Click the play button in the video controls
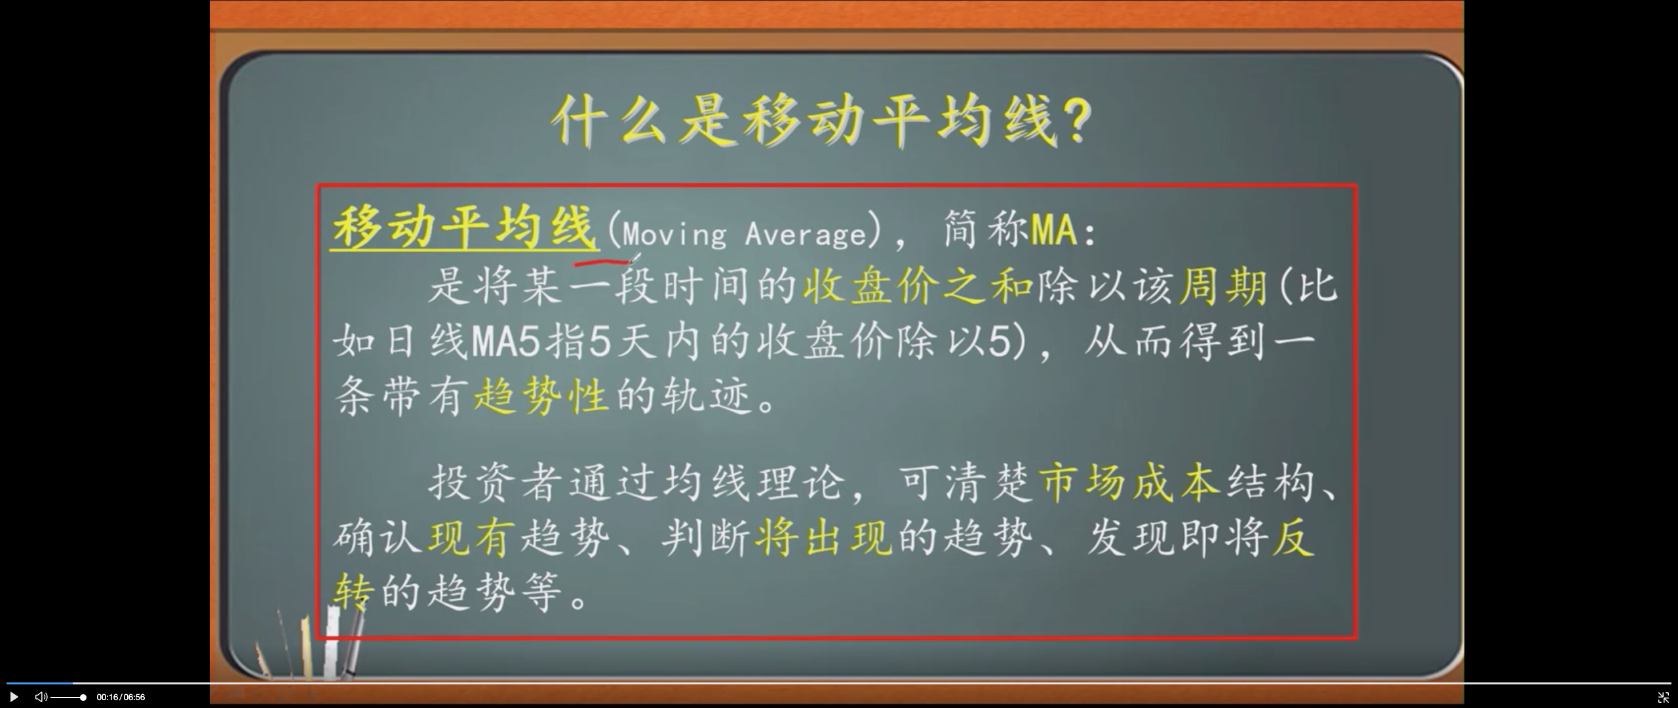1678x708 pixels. pos(13,697)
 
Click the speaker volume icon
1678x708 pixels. pos(41,697)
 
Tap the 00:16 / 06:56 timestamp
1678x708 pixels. pos(121,698)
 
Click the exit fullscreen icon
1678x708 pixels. pos(1663,698)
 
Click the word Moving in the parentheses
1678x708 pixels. pos(674,234)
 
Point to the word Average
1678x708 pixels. pos(806,234)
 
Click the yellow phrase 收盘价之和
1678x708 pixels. pos(918,286)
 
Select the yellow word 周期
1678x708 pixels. pos(1223,286)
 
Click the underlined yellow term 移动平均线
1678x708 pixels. pos(465,227)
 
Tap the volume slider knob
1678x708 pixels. pos(83,698)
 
